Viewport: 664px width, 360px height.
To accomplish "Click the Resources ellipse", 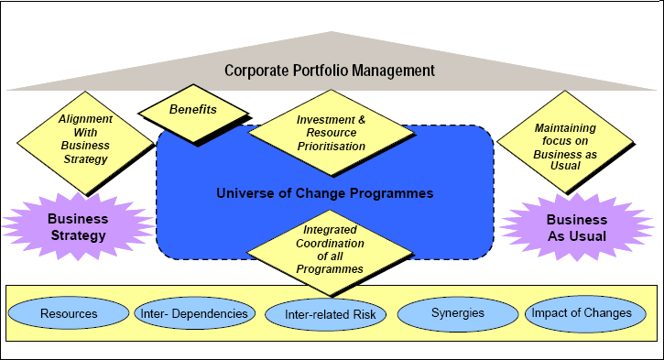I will [x=69, y=313].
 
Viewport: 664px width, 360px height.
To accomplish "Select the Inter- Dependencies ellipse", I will [x=194, y=313].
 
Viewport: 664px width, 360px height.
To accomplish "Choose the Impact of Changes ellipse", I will [x=582, y=313].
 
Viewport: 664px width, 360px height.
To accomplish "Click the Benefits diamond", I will [x=193, y=110].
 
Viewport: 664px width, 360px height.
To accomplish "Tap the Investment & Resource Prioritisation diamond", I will [x=331, y=132].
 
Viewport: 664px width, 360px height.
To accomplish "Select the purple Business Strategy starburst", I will [x=78, y=226].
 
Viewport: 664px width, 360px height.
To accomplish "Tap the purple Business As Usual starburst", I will [x=576, y=226].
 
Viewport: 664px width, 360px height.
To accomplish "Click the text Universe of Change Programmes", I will [x=324, y=193].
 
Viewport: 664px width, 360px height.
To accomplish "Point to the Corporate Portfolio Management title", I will [x=331, y=70].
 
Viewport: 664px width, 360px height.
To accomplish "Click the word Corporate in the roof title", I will [x=258, y=70].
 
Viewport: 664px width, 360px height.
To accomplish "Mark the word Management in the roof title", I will [x=395, y=70].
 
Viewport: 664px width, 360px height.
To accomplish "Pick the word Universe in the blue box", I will [x=243, y=193].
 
